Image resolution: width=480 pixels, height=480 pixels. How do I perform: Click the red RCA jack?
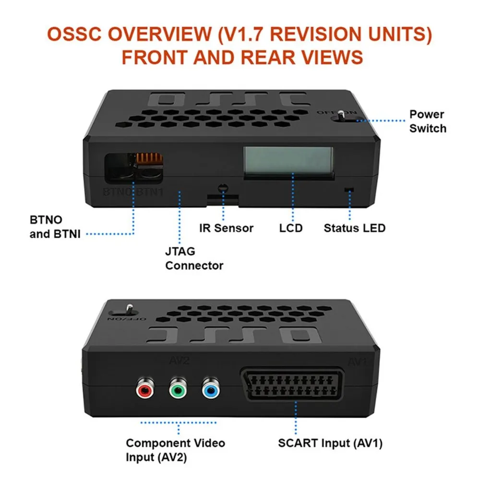144,390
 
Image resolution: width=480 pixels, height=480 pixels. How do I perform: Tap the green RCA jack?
177,390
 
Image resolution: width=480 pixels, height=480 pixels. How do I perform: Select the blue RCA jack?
210,390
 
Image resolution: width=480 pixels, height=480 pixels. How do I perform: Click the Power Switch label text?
427,121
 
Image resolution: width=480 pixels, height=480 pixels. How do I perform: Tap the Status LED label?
354,228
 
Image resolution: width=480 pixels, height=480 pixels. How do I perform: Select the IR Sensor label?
226,228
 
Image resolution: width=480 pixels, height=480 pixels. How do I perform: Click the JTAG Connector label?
194,258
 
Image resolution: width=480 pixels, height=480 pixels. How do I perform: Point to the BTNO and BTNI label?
46,227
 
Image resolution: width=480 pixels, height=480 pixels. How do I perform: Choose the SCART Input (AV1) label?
330,443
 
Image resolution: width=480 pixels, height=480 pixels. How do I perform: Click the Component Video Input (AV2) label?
175,450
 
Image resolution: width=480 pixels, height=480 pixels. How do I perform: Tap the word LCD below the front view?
291,228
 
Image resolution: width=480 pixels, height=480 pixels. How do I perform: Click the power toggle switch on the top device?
340,115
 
